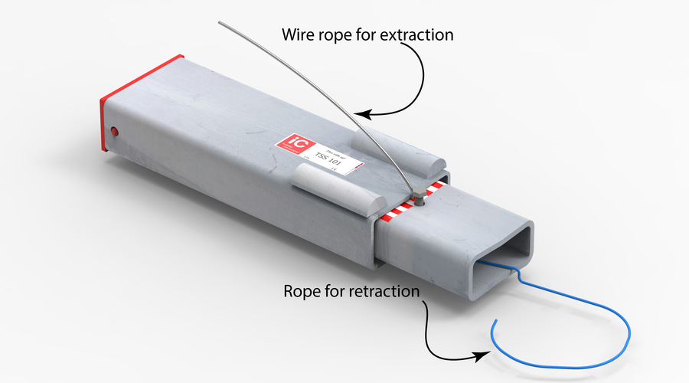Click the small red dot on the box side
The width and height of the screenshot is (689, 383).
pos(115,131)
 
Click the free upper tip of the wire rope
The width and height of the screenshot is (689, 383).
pos(220,23)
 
